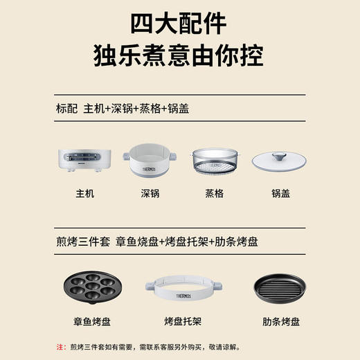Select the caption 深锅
click(x=150, y=194)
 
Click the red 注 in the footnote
click(x=59, y=345)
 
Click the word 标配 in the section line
click(x=67, y=109)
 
